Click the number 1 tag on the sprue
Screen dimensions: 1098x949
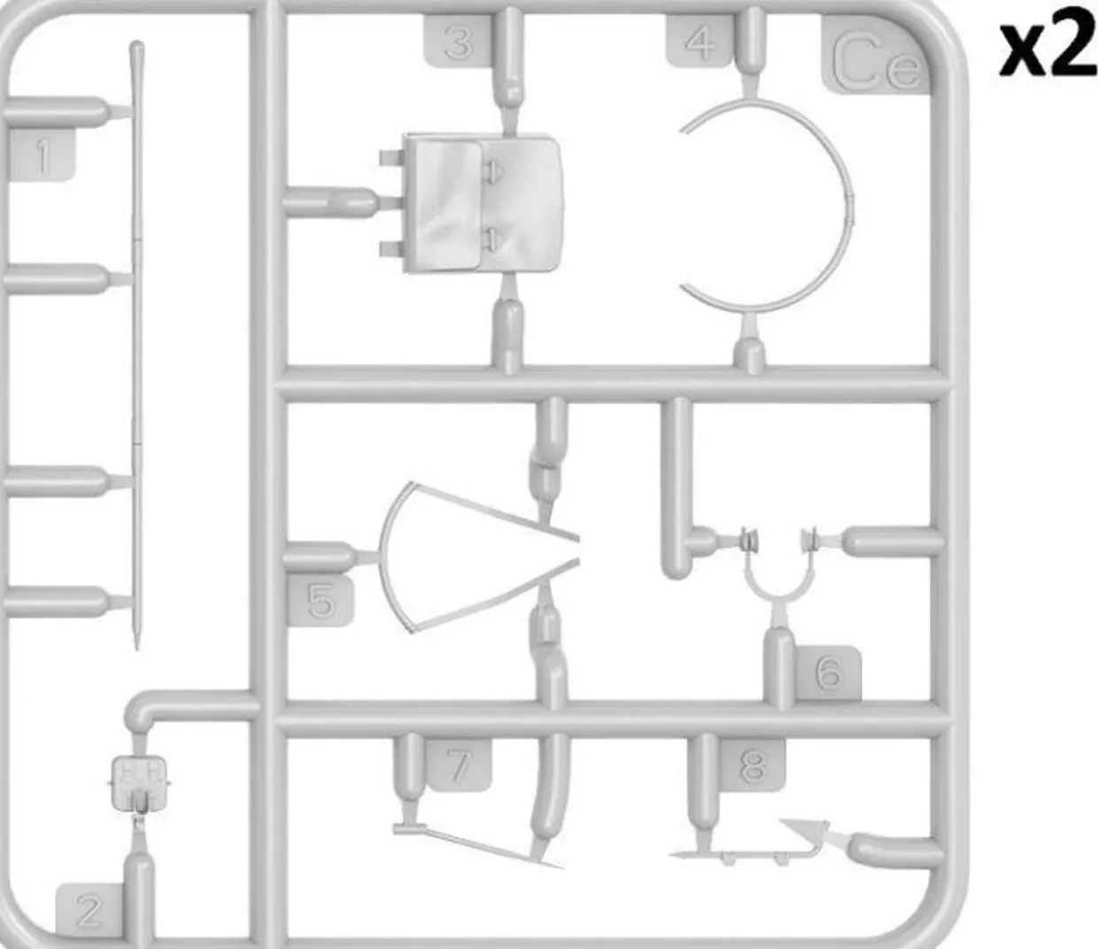pyautogui.click(x=42, y=155)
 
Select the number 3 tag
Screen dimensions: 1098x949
pyautogui.click(x=458, y=42)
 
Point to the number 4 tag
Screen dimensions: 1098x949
pyautogui.click(x=700, y=42)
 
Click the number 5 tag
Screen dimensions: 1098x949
pyautogui.click(x=321, y=601)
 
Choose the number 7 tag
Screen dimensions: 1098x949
pyautogui.click(x=459, y=765)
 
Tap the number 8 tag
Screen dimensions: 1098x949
pyautogui.click(x=752, y=765)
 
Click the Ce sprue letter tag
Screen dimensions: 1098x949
pyautogui.click(x=876, y=55)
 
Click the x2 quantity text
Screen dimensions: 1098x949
pyautogui.click(x=1047, y=51)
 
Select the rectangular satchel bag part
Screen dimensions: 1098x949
pyautogui.click(x=482, y=203)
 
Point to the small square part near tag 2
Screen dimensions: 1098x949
pyautogui.click(x=139, y=783)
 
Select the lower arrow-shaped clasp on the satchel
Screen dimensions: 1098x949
pyautogui.click(x=492, y=237)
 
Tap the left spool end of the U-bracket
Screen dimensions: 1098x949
pyautogui.click(x=749, y=541)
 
